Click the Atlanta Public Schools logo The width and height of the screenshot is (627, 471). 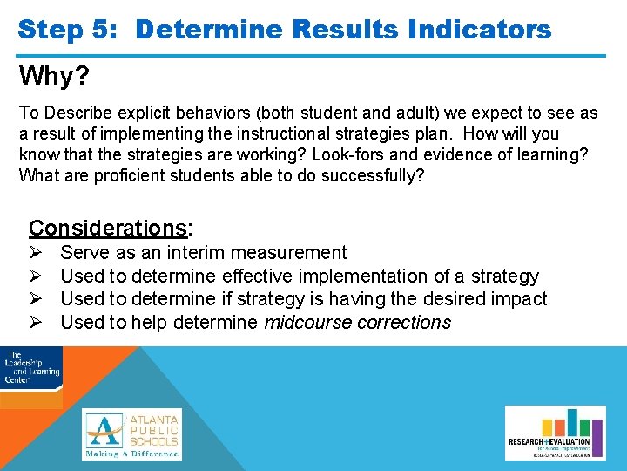132,433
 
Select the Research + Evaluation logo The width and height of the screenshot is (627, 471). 555,433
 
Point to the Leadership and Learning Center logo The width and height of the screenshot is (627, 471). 30,368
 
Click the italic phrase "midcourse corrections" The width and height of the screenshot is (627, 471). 357,323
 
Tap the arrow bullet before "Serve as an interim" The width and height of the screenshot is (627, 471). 37,253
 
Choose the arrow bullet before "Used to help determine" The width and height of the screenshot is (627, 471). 37,323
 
